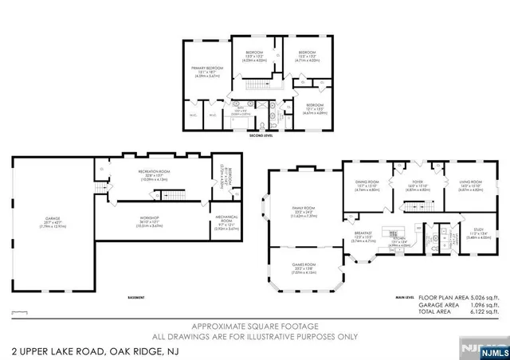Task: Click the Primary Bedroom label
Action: click(x=205, y=71)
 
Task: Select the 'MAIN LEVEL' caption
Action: click(x=406, y=298)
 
